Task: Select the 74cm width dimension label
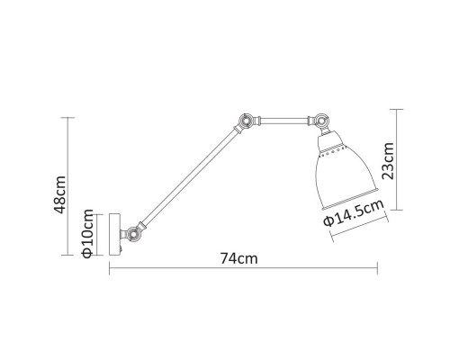tap(239, 258)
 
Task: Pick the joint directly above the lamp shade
tap(319, 119)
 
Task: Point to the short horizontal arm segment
tap(280, 118)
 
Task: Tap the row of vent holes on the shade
tap(330, 147)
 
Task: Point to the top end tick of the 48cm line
tap(68, 119)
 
